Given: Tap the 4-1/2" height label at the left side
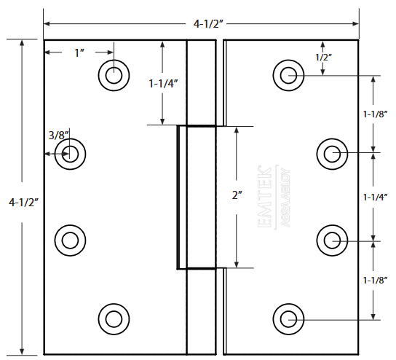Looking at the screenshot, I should pyautogui.click(x=23, y=202).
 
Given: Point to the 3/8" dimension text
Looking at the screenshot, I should pyautogui.click(x=58, y=135).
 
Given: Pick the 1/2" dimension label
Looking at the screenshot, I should pyautogui.click(x=323, y=57).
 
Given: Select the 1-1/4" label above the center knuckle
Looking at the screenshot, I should pyautogui.click(x=164, y=83).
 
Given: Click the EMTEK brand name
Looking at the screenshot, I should pyautogui.click(x=266, y=197).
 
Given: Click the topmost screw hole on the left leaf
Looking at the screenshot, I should pyautogui.click(x=114, y=75).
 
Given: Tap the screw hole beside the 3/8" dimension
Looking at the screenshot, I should pyautogui.click(x=71, y=153).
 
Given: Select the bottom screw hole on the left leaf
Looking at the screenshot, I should pyautogui.click(x=114, y=318).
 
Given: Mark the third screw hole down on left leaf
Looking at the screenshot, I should pyautogui.click(x=71, y=239).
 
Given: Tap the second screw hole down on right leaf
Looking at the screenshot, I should pyautogui.click(x=332, y=154).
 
